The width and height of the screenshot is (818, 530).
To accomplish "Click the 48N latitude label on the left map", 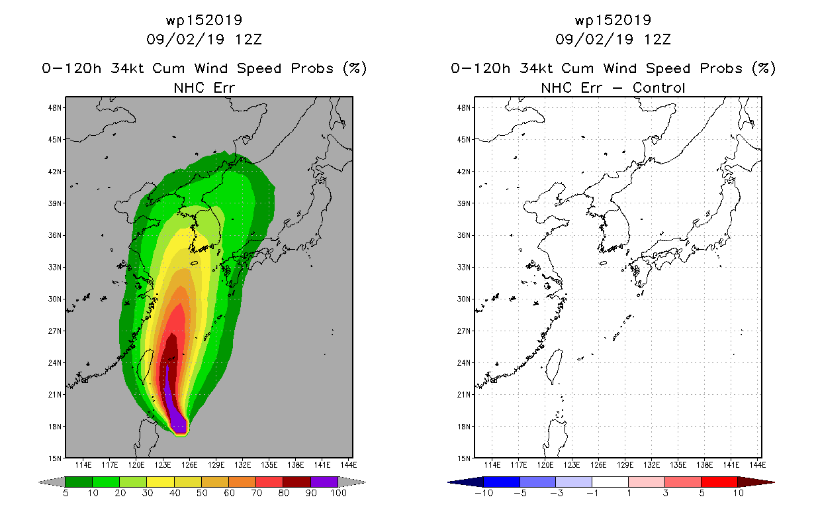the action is pyautogui.click(x=55, y=108).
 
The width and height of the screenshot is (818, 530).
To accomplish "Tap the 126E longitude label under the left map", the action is pyautogui.click(x=189, y=465).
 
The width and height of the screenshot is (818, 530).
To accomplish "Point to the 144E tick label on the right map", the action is pyautogui.click(x=757, y=465).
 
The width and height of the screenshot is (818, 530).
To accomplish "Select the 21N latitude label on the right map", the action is pyautogui.click(x=464, y=395).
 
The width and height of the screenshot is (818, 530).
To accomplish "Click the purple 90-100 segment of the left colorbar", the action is pyautogui.click(x=324, y=482).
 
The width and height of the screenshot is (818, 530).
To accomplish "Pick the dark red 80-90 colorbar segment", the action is pyautogui.click(x=297, y=482).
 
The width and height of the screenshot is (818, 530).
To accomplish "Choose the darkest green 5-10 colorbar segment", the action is pyautogui.click(x=79, y=482).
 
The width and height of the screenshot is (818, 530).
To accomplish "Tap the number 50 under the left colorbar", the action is pyautogui.click(x=202, y=493).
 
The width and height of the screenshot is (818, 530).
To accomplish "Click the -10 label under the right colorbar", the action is pyautogui.click(x=484, y=493).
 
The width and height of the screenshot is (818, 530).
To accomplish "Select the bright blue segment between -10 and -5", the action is pyautogui.click(x=502, y=482).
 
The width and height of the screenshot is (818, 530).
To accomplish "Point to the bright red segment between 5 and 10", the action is pyautogui.click(x=719, y=482).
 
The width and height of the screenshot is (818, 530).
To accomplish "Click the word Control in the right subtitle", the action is pyautogui.click(x=659, y=88).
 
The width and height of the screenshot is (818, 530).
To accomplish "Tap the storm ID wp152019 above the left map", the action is pyautogui.click(x=204, y=21).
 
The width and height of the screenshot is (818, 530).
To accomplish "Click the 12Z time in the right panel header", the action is pyautogui.click(x=657, y=39).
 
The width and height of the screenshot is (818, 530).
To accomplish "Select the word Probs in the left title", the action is pyautogui.click(x=312, y=68).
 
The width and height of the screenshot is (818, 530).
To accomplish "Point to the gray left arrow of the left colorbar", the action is pyautogui.click(x=52, y=482).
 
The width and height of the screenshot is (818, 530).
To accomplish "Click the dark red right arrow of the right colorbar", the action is pyautogui.click(x=756, y=482).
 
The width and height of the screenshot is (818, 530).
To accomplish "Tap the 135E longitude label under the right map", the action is pyautogui.click(x=678, y=465).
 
